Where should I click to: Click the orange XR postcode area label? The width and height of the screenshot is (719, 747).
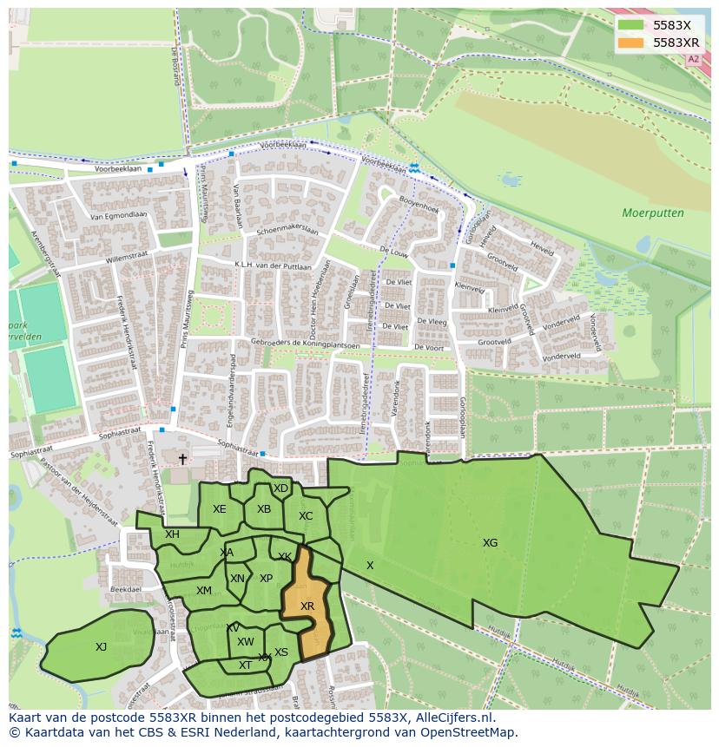pyautogui.click(x=307, y=606)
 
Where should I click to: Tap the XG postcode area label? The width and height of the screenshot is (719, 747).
pyautogui.click(x=490, y=543)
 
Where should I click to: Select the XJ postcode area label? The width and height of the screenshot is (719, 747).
pyautogui.click(x=101, y=647)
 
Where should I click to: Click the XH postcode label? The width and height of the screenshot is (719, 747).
pyautogui.click(x=172, y=534)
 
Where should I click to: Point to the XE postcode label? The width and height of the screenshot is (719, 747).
pyautogui.click(x=219, y=509)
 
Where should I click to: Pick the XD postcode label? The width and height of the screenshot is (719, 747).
pyautogui.click(x=280, y=488)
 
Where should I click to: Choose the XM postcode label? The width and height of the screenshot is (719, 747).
pyautogui.click(x=203, y=591)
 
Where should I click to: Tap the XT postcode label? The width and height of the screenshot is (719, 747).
pyautogui.click(x=245, y=665)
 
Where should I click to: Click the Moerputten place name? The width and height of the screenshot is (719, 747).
pyautogui.click(x=652, y=213)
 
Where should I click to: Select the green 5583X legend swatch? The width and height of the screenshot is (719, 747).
pyautogui.click(x=631, y=25)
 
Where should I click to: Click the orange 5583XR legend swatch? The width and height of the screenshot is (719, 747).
pyautogui.click(x=631, y=43)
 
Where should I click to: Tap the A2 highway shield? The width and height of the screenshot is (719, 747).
pyautogui.click(x=692, y=60)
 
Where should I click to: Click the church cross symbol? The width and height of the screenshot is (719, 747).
pyautogui.click(x=182, y=459)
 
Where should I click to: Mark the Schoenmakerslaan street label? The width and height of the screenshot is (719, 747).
pyautogui.click(x=287, y=232)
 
